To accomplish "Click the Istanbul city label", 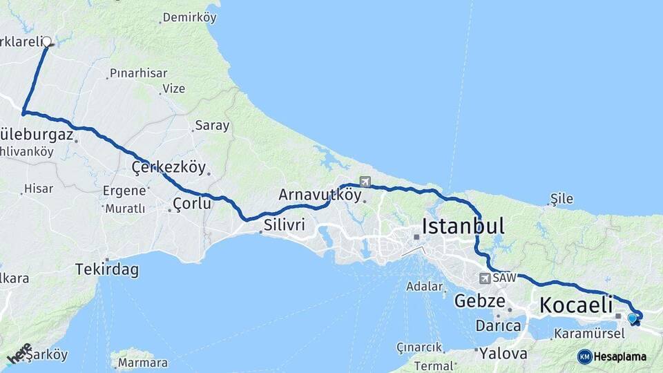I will pyautogui.click(x=463, y=226).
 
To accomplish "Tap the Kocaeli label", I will pyautogui.click(x=576, y=304).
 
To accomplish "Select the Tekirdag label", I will pyautogui.click(x=106, y=269).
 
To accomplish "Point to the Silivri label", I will pyautogui.click(x=285, y=224).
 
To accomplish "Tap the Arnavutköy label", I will pyautogui.click(x=320, y=195).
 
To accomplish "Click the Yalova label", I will pyautogui.click(x=503, y=353).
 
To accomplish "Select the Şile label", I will pyautogui.click(x=561, y=199).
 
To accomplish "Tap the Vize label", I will pyautogui.click(x=173, y=88).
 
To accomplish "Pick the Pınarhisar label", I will pyautogui.click(x=138, y=73).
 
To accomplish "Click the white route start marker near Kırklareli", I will pyautogui.click(x=47, y=41).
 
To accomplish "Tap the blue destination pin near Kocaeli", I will pyautogui.click(x=632, y=318).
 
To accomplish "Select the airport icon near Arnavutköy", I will pyautogui.click(x=365, y=182).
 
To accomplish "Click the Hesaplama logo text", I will pyautogui.click(x=619, y=356).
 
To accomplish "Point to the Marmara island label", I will pyautogui.click(x=142, y=363).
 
